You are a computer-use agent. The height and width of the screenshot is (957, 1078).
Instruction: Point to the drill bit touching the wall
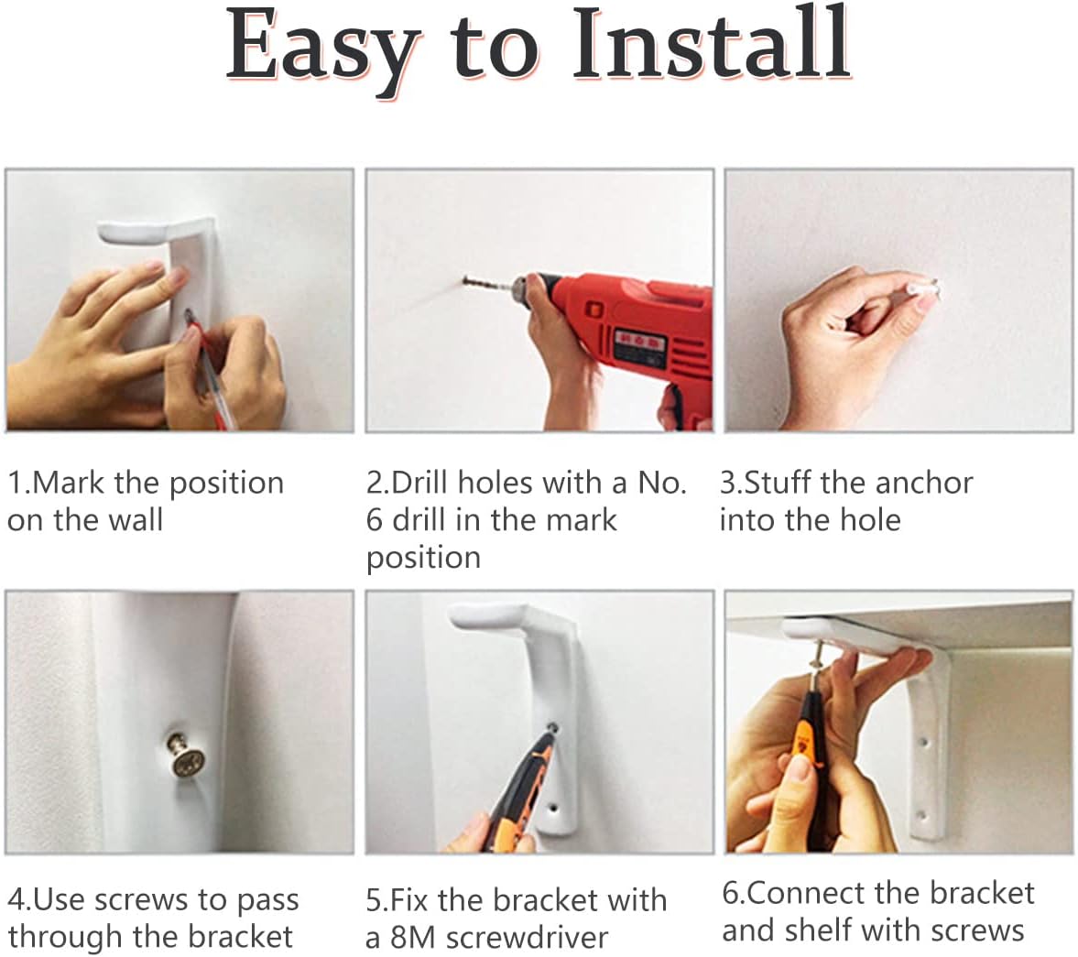pyautogui.click(x=488, y=283)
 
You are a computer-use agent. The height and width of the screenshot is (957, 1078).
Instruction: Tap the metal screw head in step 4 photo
pyautogui.click(x=186, y=761)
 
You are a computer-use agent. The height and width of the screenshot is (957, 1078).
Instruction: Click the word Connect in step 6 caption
pyautogui.click(x=804, y=893)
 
